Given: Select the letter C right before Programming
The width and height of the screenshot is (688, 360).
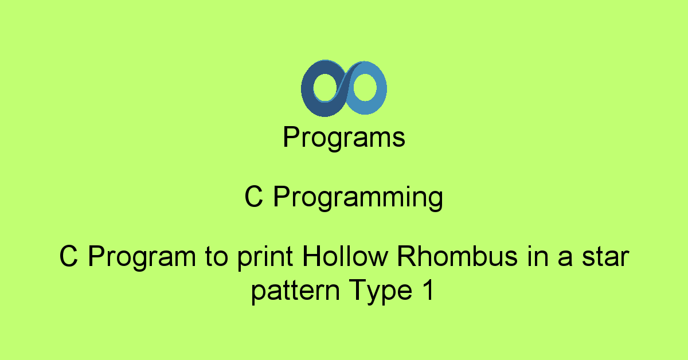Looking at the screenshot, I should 254,198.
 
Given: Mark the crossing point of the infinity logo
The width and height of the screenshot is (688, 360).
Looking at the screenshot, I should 344,88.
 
